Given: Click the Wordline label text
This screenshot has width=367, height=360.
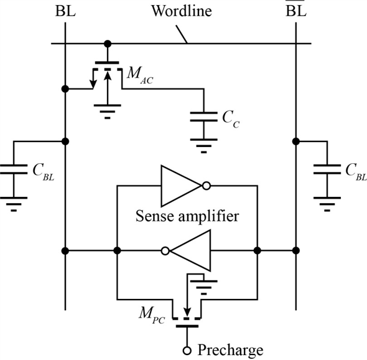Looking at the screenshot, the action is (x=182, y=11).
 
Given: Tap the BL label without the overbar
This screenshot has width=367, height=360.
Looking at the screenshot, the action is (x=65, y=11).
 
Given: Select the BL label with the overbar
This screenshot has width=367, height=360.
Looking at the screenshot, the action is (x=296, y=9).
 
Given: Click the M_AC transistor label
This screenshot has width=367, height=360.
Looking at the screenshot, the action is (x=140, y=75).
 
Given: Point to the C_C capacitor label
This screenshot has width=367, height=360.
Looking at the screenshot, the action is (x=231, y=120).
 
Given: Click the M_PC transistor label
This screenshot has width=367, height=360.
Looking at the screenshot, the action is (x=152, y=315).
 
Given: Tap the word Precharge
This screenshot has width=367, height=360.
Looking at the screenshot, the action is (x=230, y=351).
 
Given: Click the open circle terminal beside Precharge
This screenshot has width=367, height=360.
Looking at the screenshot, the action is (x=187, y=351).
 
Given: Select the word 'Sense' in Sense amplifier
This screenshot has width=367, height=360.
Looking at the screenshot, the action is (x=154, y=216).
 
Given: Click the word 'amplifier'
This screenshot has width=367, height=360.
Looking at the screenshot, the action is (x=209, y=217).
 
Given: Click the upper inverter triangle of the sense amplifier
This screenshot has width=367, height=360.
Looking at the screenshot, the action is (x=181, y=186).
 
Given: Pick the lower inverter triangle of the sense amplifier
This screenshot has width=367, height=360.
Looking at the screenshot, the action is (x=190, y=251).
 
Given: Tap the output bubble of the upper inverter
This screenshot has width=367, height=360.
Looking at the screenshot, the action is (x=206, y=186).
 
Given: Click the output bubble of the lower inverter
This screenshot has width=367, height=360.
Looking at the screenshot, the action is (x=165, y=251).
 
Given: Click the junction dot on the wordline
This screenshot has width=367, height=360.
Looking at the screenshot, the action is (x=108, y=44).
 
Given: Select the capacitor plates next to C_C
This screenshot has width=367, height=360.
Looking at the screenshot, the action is (x=203, y=116).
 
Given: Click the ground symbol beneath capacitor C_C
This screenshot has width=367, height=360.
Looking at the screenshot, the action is (x=203, y=146).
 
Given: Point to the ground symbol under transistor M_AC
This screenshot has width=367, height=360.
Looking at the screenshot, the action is (x=108, y=111).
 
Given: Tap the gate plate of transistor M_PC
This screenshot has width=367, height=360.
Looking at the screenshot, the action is (x=187, y=326).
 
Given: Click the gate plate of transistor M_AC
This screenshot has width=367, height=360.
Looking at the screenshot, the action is (x=107, y=62).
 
